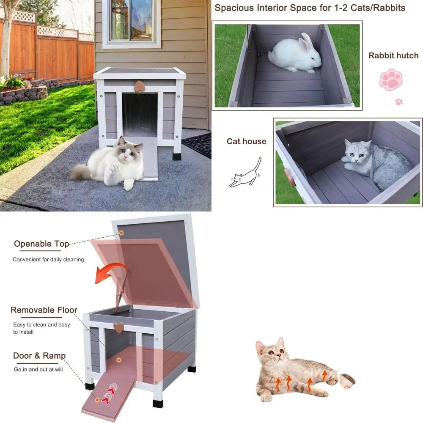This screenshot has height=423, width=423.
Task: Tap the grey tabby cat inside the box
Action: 372,163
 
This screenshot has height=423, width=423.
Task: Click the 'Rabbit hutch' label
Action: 393,55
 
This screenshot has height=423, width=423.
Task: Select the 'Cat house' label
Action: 246,141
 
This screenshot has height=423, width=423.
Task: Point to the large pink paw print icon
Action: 390,79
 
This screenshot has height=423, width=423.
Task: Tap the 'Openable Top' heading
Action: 41,244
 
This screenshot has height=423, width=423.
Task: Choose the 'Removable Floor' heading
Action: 44,310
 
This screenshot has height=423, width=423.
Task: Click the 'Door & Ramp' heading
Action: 39,356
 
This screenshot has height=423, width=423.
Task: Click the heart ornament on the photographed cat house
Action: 139,85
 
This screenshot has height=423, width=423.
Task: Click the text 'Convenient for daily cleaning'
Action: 48,259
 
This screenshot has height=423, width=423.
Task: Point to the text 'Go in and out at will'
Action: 38,369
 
